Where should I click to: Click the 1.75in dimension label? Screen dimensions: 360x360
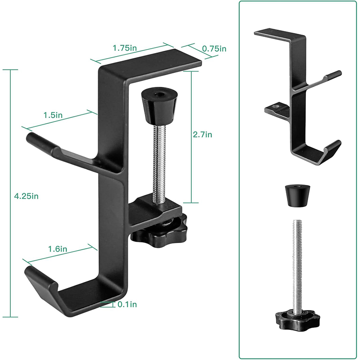[x=125, y=48]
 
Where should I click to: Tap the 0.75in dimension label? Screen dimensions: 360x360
[x=214, y=49]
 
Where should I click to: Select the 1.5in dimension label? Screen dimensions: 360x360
[x=53, y=115]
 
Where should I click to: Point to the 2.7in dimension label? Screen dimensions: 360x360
[x=202, y=134]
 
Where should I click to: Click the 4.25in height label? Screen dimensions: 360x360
[x=26, y=196]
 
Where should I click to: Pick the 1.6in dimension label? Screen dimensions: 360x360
[x=58, y=249]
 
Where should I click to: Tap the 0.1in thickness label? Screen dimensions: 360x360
[x=127, y=305]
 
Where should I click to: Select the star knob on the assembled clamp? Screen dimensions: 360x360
[x=159, y=232]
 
